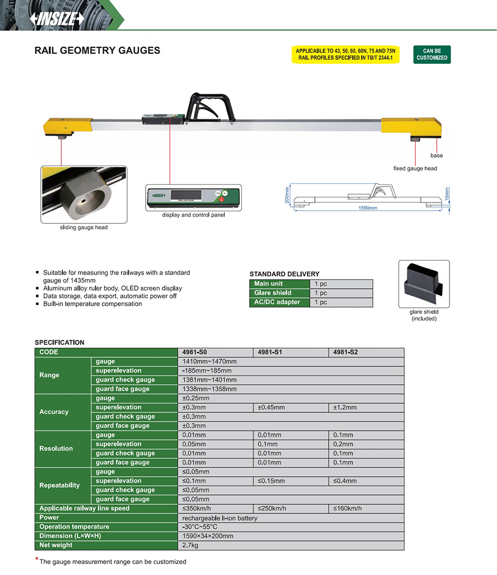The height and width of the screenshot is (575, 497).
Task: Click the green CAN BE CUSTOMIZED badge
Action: coord(432,54)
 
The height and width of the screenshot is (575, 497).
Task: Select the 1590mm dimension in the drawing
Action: coord(367,208)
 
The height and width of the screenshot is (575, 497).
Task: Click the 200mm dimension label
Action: coord(287,195)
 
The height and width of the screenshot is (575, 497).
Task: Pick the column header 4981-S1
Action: coord(270,352)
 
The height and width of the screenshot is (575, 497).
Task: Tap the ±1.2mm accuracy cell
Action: coord(345,407)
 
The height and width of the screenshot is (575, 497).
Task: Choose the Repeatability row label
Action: coord(60,486)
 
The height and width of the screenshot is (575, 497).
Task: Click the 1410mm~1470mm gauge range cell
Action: coord(209,361)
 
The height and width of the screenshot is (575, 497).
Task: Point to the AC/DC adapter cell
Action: coord(277,302)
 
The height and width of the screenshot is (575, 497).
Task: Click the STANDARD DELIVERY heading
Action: coord(284,274)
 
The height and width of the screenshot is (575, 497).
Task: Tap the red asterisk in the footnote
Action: coord(37,560)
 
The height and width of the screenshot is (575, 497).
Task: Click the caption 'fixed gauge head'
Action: coord(415,168)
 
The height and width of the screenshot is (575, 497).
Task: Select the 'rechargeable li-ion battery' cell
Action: coord(220,518)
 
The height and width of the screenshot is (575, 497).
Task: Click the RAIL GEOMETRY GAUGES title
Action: coord(97,51)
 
